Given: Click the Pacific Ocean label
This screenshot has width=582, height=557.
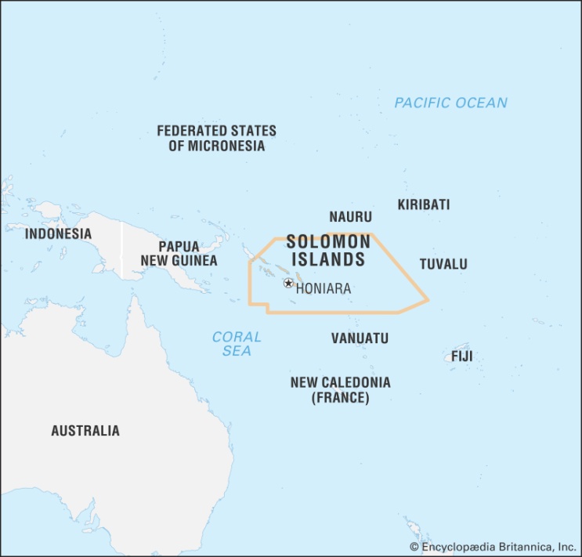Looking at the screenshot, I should point(450,103).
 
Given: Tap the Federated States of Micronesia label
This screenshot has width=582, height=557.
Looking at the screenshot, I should point(216,139).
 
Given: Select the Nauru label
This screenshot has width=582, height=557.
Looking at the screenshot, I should point(350,217).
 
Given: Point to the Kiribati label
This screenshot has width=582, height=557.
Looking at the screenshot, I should point(423,204).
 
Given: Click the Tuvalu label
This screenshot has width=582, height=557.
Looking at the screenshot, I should point(443,264).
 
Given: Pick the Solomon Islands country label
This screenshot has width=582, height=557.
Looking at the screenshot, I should point(327,251).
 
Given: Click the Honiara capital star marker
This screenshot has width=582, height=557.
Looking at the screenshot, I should point(288,283).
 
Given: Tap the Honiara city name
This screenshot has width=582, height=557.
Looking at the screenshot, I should point(323,288).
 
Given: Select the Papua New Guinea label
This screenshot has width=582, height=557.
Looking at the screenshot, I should point(179,253).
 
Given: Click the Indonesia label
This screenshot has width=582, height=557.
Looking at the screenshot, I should point(58,233).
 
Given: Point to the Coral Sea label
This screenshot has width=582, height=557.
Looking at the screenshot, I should point(237,344).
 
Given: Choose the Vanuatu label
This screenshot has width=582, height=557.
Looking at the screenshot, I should point(360,338).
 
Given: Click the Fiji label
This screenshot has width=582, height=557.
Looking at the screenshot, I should point(461,357).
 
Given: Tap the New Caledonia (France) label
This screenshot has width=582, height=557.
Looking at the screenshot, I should point(340,390).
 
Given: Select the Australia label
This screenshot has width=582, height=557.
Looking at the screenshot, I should point(85,430).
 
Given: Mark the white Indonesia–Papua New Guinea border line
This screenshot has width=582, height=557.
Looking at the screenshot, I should point(121,251).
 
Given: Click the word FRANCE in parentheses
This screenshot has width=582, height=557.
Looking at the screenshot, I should point(340,398).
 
